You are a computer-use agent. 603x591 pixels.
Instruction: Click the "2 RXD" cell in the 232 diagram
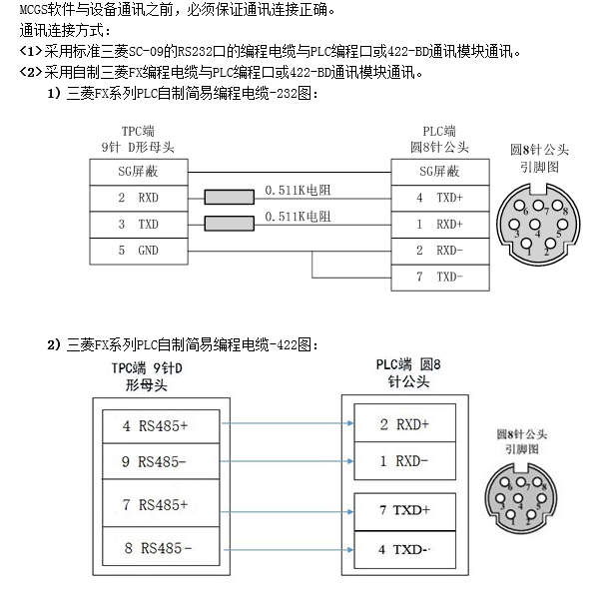pyautogui.click(x=138, y=198)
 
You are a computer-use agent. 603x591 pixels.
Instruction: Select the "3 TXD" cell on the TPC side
pyautogui.click(x=138, y=224)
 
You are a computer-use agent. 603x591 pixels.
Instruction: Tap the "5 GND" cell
pyautogui.click(x=138, y=250)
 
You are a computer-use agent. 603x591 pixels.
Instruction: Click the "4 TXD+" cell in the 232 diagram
pyautogui.click(x=439, y=198)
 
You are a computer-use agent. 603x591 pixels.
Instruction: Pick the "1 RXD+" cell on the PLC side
pyautogui.click(x=439, y=224)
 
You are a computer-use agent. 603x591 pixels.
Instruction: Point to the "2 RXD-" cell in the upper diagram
pyautogui.click(x=439, y=250)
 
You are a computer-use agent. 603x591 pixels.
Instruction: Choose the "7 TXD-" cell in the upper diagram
pyautogui.click(x=439, y=276)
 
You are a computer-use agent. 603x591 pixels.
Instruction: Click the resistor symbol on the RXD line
pyautogui.click(x=230, y=197)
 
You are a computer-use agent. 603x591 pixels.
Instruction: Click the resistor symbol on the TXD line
pyautogui.click(x=230, y=223)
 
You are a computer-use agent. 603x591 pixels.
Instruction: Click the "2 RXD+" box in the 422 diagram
pyautogui.click(x=403, y=424)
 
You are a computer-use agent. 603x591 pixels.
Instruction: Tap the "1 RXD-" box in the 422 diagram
pyautogui.click(x=403, y=460)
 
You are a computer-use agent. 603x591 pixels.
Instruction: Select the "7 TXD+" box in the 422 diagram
pyautogui.click(x=403, y=509)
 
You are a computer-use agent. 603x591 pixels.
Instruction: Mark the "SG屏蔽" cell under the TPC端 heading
pyautogui.click(x=138, y=172)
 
